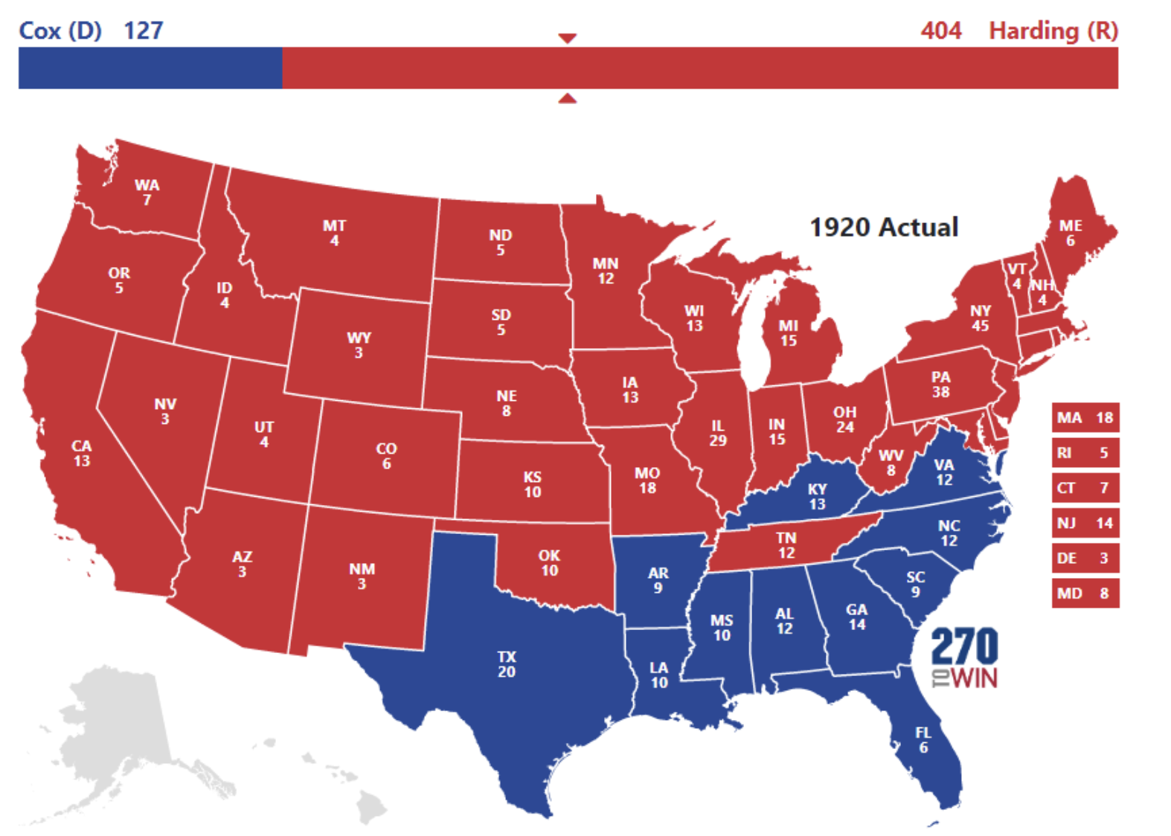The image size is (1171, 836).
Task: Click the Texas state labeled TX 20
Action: [x=507, y=664]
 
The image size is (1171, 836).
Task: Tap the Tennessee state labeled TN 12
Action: [x=786, y=545]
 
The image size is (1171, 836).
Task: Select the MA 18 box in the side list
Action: [x=1085, y=418]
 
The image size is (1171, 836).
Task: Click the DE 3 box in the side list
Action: [x=1085, y=558]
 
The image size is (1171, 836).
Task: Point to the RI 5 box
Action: [x=1085, y=453]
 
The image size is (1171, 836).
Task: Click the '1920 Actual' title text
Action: [x=883, y=227]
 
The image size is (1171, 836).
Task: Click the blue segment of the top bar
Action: [x=150, y=68]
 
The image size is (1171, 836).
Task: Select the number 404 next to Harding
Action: [x=940, y=30]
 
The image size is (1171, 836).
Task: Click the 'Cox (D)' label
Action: [x=60, y=30]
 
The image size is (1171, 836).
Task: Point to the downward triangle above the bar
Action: [x=567, y=38]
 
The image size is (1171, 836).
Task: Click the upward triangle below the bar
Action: [x=567, y=98]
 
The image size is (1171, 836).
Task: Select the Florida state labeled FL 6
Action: [x=923, y=740]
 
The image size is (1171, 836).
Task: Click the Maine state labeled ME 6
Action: [x=1071, y=232]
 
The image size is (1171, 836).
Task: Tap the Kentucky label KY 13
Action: [x=817, y=496]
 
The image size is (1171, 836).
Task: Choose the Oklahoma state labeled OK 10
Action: [x=549, y=563]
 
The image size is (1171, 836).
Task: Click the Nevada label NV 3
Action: [x=165, y=411]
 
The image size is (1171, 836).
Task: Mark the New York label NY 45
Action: [x=980, y=318]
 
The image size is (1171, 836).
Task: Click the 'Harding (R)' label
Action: [x=1053, y=30]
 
